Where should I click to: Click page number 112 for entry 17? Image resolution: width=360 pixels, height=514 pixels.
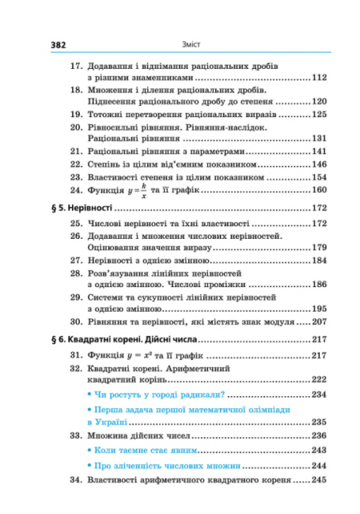coord(319,78)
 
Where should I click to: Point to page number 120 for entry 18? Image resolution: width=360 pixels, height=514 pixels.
coord(319,102)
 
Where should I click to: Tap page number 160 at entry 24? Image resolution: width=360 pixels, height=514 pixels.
coord(319,191)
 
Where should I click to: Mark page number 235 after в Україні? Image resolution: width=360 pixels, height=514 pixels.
coord(319,421)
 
